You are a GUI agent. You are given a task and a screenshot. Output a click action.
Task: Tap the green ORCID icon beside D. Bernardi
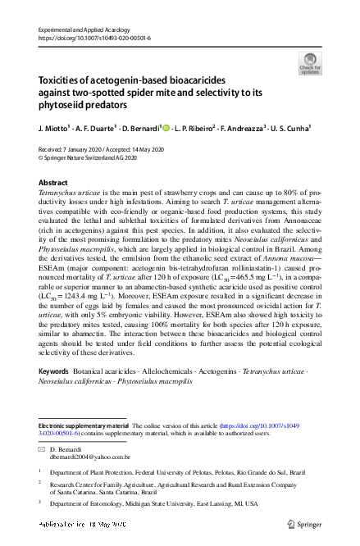(x=166, y=128)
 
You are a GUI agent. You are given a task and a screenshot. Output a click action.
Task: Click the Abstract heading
(x=54, y=182)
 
